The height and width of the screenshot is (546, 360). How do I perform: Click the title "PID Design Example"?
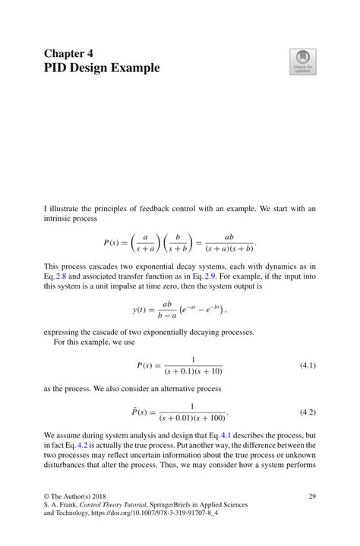point(102,68)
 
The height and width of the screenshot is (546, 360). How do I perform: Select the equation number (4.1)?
point(308,365)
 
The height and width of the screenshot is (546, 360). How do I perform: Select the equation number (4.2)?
point(308,412)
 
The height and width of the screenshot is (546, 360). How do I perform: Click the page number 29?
point(311,496)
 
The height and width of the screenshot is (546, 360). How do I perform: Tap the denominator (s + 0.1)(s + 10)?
point(193,371)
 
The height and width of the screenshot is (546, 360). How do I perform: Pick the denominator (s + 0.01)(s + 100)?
point(193,418)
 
